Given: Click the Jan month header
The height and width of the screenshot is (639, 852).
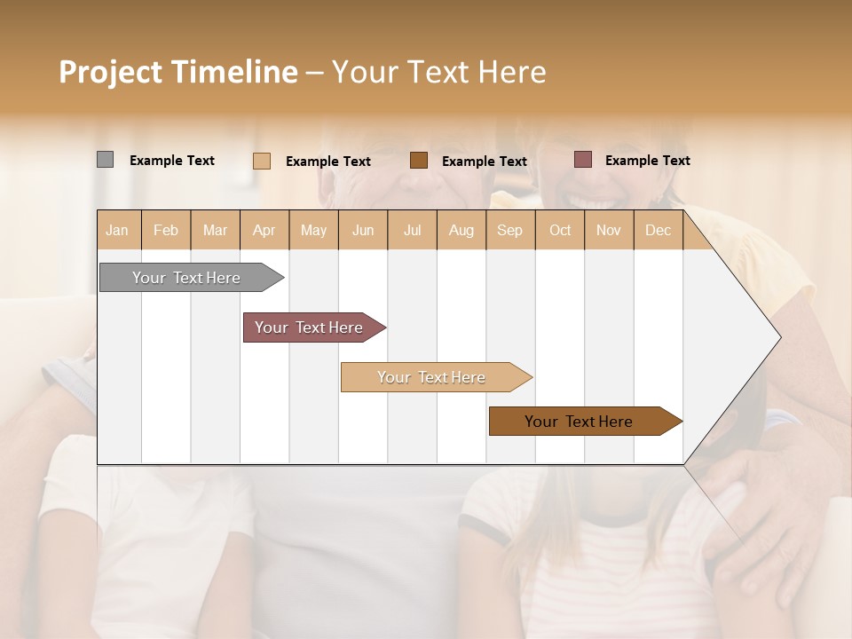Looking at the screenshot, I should click(x=117, y=231).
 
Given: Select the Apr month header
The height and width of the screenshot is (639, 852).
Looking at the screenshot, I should click(x=264, y=231).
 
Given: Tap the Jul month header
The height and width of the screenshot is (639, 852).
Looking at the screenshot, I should click(x=412, y=231).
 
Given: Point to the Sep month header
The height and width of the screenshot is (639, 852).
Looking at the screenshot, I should click(x=509, y=231).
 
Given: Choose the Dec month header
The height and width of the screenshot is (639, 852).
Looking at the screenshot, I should click(x=658, y=231).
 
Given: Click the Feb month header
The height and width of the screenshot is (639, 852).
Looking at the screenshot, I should click(x=166, y=231).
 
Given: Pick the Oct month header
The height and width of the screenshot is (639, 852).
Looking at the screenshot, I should click(x=560, y=231).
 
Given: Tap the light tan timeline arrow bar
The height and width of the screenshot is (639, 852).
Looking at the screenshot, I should click(x=432, y=377).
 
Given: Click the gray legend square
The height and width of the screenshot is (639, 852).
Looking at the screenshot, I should click(x=105, y=160).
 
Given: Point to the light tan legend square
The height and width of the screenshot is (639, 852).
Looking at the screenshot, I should click(x=262, y=161).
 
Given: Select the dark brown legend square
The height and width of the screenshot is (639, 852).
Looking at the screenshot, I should click(x=419, y=161).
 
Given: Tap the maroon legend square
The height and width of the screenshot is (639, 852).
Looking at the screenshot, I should click(x=583, y=160).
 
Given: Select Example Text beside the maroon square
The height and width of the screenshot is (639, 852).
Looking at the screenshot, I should click(x=647, y=161).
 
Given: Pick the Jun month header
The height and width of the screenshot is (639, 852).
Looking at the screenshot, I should click(x=363, y=231).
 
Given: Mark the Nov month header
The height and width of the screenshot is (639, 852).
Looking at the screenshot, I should click(x=609, y=231).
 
